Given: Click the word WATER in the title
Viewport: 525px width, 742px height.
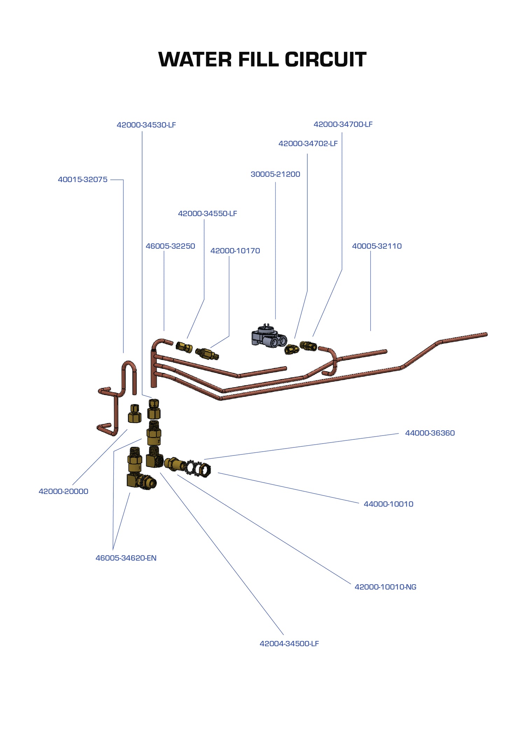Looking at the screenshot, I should coord(195,59).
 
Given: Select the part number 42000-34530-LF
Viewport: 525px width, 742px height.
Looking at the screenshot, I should coord(146,125).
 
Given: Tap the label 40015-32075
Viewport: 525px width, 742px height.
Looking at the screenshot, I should coord(83,180).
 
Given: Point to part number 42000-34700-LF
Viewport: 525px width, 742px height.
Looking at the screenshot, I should coord(343,125).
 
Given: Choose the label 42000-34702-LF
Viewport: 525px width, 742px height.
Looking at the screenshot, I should coord(308,144).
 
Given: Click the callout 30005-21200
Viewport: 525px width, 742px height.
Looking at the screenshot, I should coord(275,174).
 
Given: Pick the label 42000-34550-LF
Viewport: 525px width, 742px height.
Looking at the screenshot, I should coord(208,214).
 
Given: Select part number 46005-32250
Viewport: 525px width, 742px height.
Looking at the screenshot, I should coord(170,246).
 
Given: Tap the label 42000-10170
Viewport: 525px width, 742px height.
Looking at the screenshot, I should coord(235,251).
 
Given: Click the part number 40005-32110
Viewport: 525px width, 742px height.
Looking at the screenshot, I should coord(377,246).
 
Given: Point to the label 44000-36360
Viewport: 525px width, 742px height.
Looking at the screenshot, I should coord(430,433).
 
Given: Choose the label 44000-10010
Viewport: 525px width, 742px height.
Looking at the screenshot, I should coord(388,504).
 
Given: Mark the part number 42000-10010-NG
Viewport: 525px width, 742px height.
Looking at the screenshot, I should coord(385,587).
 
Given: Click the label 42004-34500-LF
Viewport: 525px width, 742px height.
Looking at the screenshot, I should coord(289,644).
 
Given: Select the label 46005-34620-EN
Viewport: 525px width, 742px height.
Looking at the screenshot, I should coord(126,558).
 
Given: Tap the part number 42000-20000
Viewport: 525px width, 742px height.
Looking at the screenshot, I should coord(63,492).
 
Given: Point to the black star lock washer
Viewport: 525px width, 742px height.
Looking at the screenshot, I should coord(192,468).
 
